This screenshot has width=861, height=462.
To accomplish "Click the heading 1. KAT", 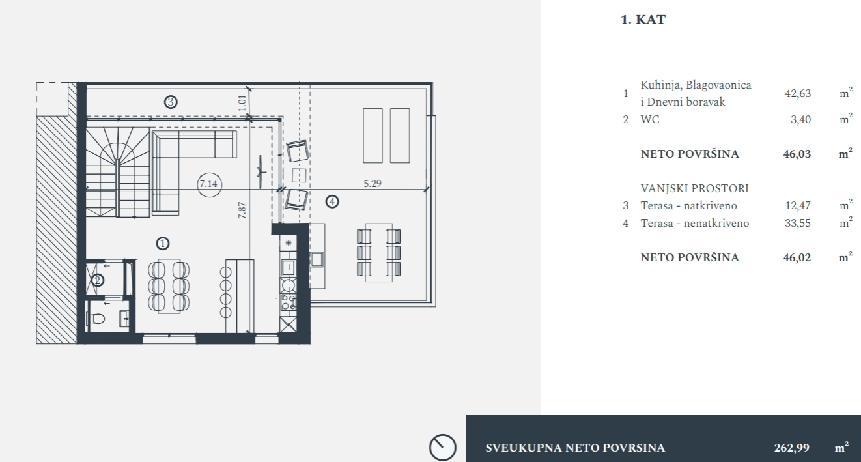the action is click(x=643, y=20).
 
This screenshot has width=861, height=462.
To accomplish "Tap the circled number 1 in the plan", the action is click(x=163, y=243).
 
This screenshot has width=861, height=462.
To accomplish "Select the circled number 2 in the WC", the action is click(x=97, y=280).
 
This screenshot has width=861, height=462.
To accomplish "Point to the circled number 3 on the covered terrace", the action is click(x=171, y=102).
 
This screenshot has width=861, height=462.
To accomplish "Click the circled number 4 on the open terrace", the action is click(x=332, y=201).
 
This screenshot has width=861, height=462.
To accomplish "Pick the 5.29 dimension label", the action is click(x=373, y=184).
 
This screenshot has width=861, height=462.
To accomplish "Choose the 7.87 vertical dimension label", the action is click(x=242, y=210).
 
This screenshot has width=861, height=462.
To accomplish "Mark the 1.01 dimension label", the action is click(x=242, y=103).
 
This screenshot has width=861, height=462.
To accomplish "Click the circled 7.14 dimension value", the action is click(x=208, y=184).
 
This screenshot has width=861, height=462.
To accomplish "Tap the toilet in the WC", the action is click(x=96, y=319).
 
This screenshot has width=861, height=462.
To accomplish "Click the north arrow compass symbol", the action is click(x=442, y=448).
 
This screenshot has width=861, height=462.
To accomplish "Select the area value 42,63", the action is click(x=798, y=93).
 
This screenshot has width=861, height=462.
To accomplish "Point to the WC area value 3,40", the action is click(x=800, y=120).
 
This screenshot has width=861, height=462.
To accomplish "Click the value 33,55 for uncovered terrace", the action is click(x=798, y=223).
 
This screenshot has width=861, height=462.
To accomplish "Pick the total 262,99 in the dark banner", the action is click(x=791, y=448).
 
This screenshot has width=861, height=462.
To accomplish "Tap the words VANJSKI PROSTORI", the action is click(x=694, y=188).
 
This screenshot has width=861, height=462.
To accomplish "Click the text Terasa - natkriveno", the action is click(x=689, y=205).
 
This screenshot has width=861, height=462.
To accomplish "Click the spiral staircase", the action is click(x=117, y=172).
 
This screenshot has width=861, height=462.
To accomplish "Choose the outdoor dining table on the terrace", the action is click(x=379, y=253).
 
